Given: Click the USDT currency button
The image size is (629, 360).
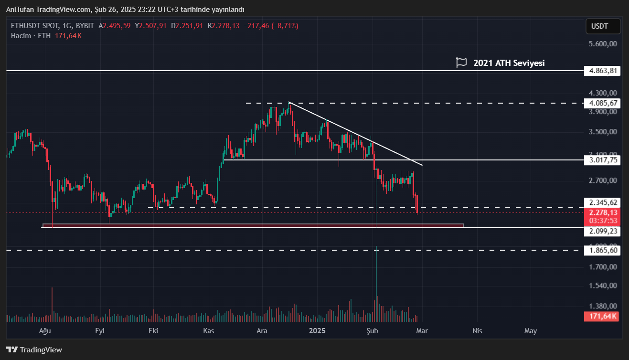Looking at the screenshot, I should [603, 26].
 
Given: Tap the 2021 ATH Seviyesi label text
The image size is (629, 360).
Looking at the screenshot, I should [509, 63].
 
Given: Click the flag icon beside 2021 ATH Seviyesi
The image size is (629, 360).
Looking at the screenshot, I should [461, 63].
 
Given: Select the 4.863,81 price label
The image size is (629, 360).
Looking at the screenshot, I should [603, 71].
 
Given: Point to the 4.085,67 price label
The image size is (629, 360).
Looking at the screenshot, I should [603, 103].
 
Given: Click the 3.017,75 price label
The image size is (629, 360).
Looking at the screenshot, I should [603, 160].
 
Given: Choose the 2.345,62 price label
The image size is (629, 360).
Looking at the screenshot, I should [603, 202].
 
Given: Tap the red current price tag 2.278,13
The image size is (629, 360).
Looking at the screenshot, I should [603, 213].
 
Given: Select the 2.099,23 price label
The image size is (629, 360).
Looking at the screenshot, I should [603, 231].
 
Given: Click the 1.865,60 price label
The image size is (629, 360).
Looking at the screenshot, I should [603, 250].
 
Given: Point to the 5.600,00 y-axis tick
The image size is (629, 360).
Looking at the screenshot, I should [603, 43].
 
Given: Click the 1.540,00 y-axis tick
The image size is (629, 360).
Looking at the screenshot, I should [603, 286].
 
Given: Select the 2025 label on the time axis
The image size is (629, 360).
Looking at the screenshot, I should [317, 330].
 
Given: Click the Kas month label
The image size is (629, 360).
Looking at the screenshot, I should [208, 330].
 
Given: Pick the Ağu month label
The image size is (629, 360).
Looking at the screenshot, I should [45, 330].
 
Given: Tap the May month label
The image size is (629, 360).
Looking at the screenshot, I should [530, 330].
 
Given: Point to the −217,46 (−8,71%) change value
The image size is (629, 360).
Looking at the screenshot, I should [271, 26].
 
